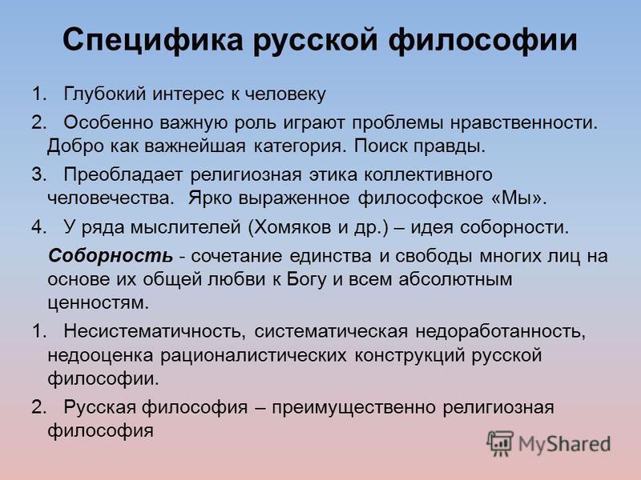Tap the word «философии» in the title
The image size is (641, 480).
(482, 40)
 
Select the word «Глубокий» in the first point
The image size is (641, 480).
(105, 94)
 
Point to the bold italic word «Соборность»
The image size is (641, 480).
(111, 256)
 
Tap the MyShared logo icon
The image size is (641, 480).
(499, 443)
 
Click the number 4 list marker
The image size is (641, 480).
(38, 228)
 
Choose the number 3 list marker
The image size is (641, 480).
(38, 175)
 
